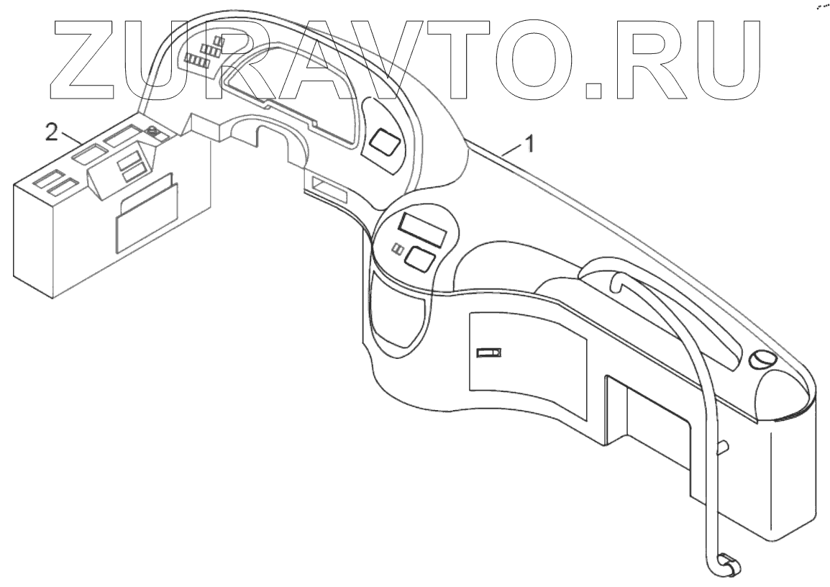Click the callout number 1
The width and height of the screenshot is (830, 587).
tap(529, 143)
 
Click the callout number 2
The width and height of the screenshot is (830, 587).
tap(52, 132)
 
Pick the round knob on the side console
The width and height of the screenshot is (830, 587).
tap(152, 131)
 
